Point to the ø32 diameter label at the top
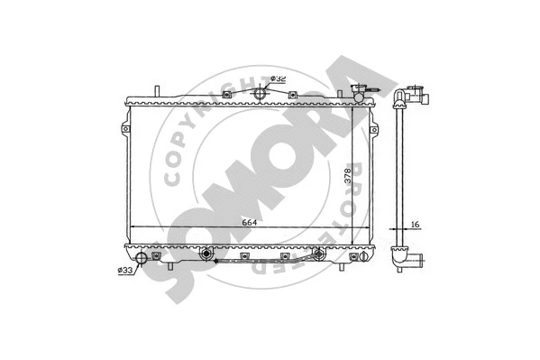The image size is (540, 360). point(278,78)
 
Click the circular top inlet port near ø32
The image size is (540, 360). point(261,93)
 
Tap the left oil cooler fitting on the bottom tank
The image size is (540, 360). point(208,254)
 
